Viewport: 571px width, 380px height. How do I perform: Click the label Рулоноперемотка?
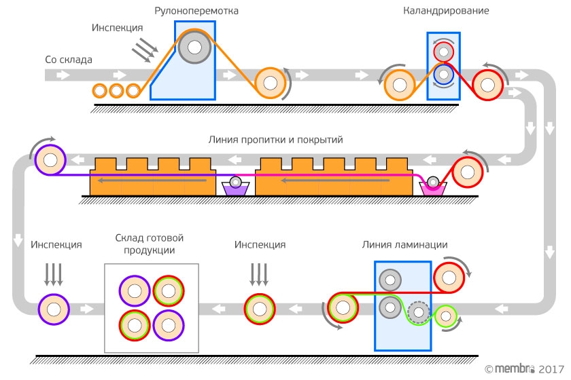point(196,12)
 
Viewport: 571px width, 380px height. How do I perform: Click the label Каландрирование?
point(446,12)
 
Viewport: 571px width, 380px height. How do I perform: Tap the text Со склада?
point(69,59)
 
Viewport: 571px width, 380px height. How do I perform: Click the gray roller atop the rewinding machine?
point(195,47)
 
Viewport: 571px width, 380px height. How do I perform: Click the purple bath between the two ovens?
point(236,188)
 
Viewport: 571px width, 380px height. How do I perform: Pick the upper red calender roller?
point(444,52)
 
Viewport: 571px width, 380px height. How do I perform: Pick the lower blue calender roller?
point(444,74)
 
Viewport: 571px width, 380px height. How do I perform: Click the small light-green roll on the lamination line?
point(445,316)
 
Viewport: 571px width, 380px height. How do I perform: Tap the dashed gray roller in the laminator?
point(419,312)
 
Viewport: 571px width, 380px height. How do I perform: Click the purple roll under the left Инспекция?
point(54,308)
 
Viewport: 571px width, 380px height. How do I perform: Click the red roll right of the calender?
point(487,83)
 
